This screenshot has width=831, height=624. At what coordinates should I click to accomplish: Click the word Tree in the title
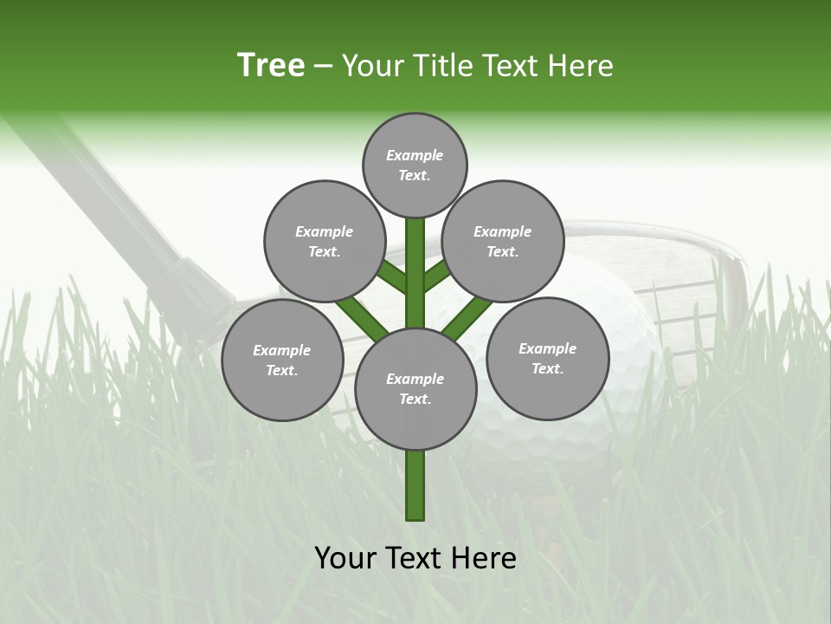[x=271, y=66]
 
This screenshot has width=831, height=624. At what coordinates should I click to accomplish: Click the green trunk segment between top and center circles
[x=415, y=273]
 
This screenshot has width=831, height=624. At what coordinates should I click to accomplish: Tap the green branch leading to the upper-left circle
[x=391, y=276]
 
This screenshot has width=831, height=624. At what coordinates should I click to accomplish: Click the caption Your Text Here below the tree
[x=415, y=558]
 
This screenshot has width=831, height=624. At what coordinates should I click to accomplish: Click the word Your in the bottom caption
[x=346, y=558]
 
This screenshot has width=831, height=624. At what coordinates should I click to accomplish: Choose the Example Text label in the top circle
[x=415, y=166]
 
